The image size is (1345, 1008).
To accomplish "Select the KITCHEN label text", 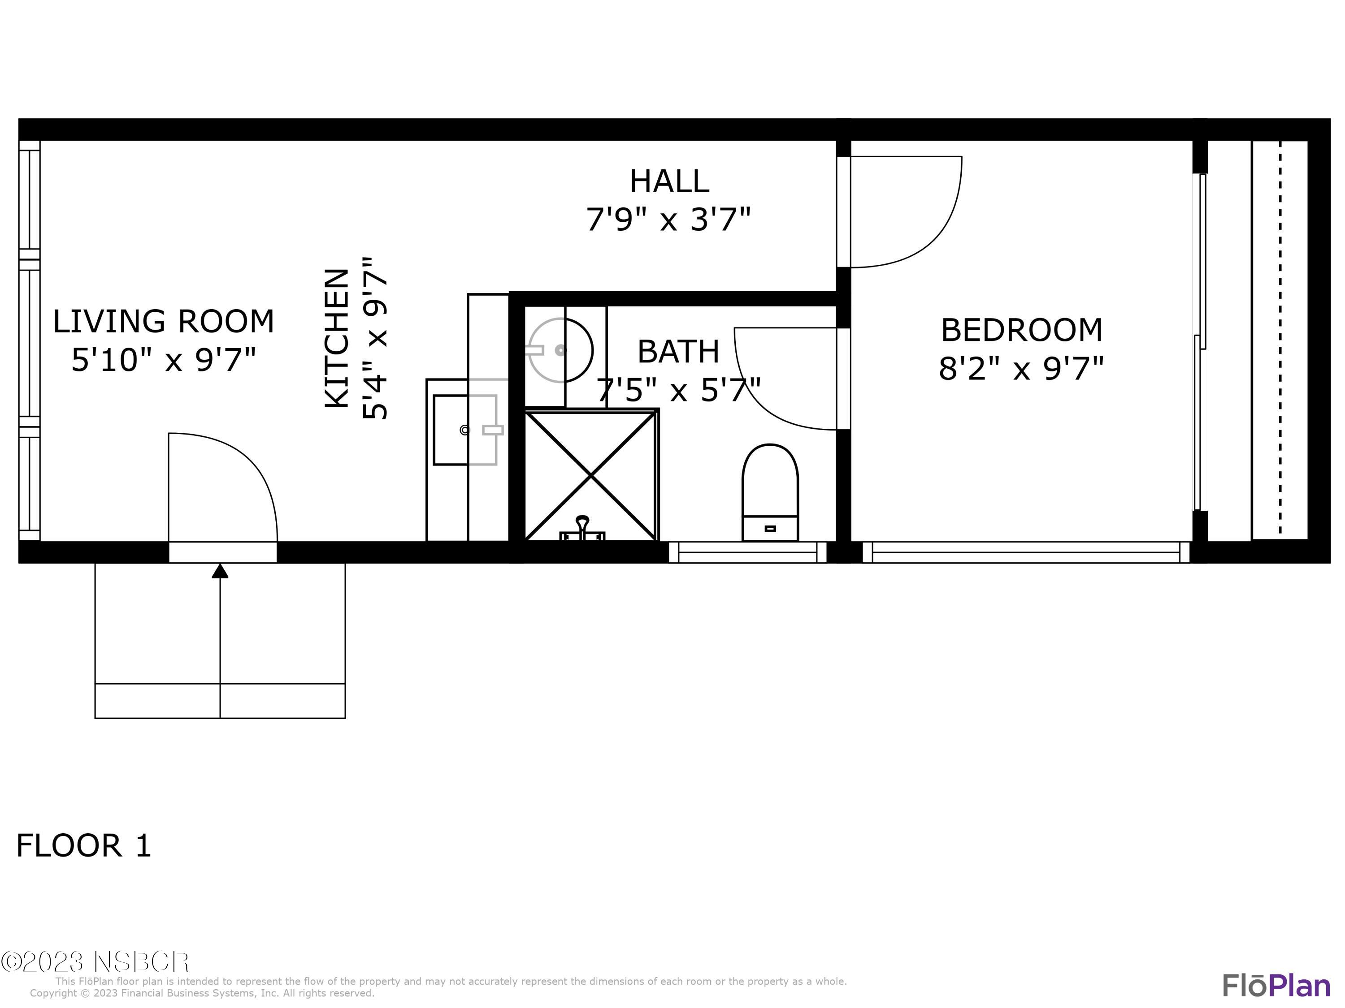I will click(337, 338).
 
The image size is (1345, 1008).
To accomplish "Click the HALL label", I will click(669, 181).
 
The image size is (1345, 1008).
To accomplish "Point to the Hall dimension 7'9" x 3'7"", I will click(668, 219).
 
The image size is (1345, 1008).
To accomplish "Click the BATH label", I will click(678, 352).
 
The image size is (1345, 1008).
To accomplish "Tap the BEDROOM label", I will click(1021, 330).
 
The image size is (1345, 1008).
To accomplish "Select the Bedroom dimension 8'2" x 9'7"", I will click(1021, 368).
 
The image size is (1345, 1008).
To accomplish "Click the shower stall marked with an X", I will click(590, 476).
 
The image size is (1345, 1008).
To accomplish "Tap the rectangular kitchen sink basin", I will click(464, 430).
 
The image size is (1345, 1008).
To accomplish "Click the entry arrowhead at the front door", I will click(220, 571).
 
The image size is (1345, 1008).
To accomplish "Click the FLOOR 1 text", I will click(83, 846).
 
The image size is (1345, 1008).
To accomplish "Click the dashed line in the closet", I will click(1280, 340).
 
